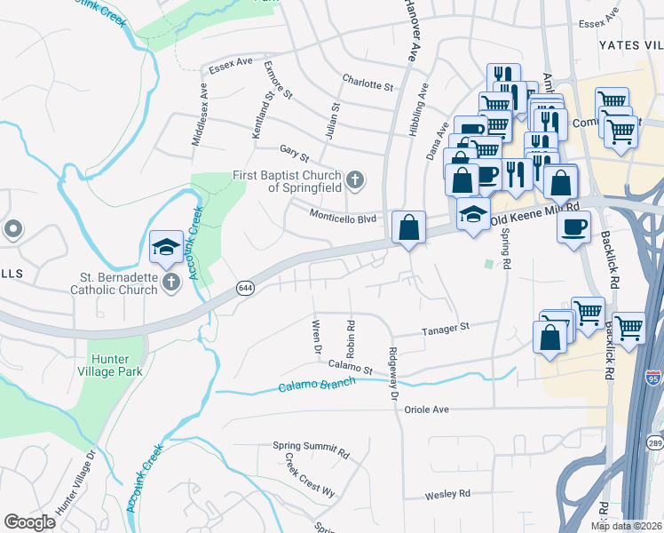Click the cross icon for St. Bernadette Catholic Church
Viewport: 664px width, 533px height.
pos(171,282)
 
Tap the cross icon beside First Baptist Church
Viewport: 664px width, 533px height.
pos(354,180)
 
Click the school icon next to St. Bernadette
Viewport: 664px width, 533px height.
pos(166,249)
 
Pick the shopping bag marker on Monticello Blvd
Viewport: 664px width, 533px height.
pos(407,227)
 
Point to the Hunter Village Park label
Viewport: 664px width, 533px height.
pos(115,366)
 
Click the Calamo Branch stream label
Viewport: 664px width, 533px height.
pos(316,385)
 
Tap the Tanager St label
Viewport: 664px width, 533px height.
pos(445,329)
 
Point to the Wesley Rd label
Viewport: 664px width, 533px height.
pos(447,493)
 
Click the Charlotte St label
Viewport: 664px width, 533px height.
pos(368,84)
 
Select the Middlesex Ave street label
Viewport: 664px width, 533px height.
pos(200,115)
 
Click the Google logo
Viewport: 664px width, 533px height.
pos(30,522)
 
